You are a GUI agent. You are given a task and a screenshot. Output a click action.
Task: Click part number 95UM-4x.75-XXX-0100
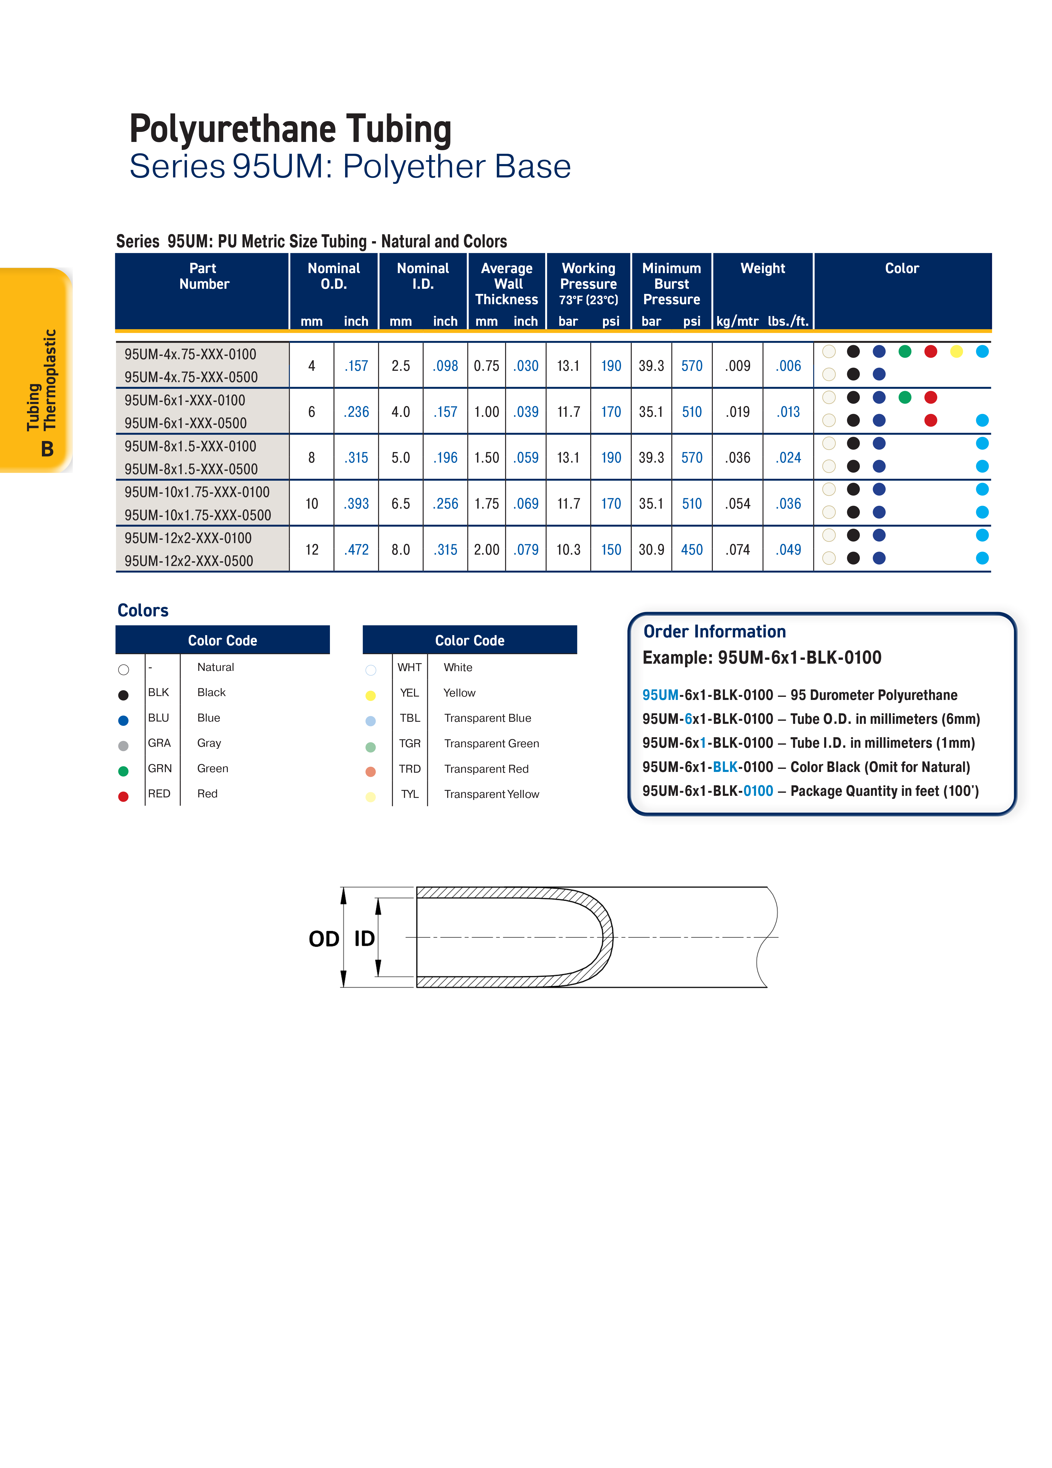190,354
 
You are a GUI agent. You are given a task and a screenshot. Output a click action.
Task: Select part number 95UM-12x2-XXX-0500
188,561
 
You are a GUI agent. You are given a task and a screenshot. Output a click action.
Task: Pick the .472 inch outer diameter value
356,550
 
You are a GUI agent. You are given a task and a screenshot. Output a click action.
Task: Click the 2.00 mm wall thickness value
486,550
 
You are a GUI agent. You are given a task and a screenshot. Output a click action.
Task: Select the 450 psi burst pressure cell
691,550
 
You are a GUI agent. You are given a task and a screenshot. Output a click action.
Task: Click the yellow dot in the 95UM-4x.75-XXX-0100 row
956,352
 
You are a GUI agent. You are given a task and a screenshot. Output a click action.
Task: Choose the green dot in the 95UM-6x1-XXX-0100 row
904,398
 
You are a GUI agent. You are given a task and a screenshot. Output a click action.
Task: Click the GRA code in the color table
159,743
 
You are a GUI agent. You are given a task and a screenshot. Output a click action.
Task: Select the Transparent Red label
486,769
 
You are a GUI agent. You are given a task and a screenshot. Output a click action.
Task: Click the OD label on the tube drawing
324,939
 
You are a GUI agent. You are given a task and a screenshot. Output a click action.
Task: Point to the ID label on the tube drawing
364,939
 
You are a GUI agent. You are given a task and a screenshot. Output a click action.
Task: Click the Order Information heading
714,632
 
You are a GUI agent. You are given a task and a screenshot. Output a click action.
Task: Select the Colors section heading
143,610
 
